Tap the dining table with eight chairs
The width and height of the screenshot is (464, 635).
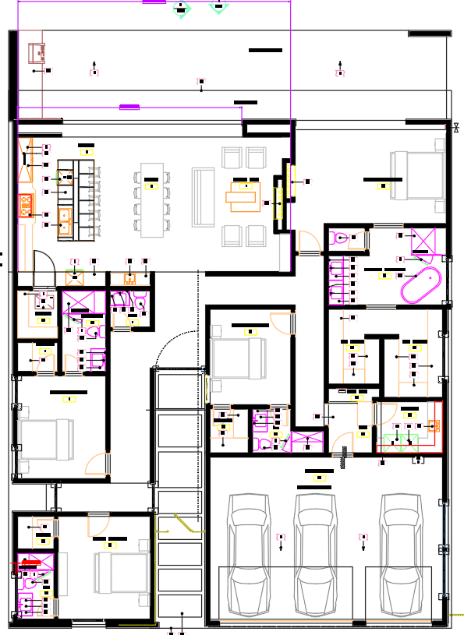[x=152, y=199]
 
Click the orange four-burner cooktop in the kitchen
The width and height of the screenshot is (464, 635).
[x=25, y=205]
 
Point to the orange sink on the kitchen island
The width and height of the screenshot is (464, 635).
[x=65, y=221]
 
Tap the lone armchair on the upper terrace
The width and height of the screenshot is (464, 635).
[x=36, y=53]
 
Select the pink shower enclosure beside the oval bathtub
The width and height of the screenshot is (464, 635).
[x=424, y=242]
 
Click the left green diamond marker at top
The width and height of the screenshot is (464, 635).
[x=182, y=9]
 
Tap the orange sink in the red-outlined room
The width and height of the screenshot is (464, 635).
[x=434, y=425]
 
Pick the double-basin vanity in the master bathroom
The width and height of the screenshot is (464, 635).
[x=336, y=280]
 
